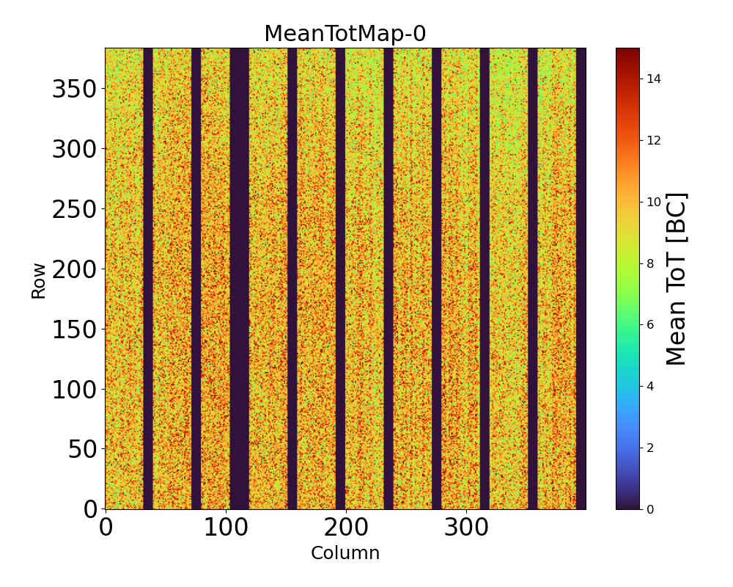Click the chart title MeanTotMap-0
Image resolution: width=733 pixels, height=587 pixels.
pyautogui.click(x=345, y=34)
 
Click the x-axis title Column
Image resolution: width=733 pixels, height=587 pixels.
pyautogui.click(x=345, y=553)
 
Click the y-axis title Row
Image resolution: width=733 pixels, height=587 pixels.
pyautogui.click(x=39, y=280)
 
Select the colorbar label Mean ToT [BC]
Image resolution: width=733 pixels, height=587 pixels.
pyautogui.click(x=677, y=279)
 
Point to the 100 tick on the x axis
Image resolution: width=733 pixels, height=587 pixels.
pyautogui.click(x=226, y=528)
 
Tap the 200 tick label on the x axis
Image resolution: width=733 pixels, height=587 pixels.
pyautogui.click(x=346, y=528)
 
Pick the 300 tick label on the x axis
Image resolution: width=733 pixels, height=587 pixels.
pyautogui.click(x=466, y=528)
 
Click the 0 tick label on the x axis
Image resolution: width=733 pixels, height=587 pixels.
pyautogui.click(x=106, y=528)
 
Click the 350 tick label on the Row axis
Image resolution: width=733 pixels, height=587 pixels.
pyautogui.click(x=75, y=90)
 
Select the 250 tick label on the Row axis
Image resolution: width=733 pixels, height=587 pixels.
pyautogui.click(x=75, y=210)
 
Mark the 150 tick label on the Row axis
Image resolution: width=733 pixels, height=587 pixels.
pyautogui.click(x=75, y=329)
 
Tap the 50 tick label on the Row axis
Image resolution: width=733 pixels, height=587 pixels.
pyautogui.click(x=84, y=449)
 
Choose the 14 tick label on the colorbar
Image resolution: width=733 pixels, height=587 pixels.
pyautogui.click(x=654, y=79)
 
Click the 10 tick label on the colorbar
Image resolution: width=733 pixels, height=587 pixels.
pyautogui.click(x=654, y=202)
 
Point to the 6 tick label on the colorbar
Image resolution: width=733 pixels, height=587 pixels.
pyautogui.click(x=650, y=324)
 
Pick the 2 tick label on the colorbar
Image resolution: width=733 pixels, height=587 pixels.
pyautogui.click(x=650, y=448)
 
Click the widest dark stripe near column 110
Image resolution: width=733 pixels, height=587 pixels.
pyautogui.click(x=239, y=279)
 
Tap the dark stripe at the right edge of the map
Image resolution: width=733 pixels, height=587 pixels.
pyautogui.click(x=581, y=279)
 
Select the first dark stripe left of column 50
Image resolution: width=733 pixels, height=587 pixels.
pyautogui.click(x=148, y=279)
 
